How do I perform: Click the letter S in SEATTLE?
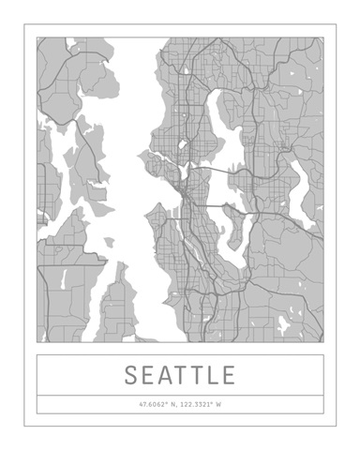pos(132,376)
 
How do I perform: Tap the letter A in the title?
pos(169,376)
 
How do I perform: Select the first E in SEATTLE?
pos(150,376)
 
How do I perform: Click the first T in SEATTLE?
pos(186,376)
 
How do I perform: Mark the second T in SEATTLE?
pos(199,376)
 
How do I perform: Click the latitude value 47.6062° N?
pos(157,405)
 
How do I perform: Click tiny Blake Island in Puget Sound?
pos(110,242)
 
